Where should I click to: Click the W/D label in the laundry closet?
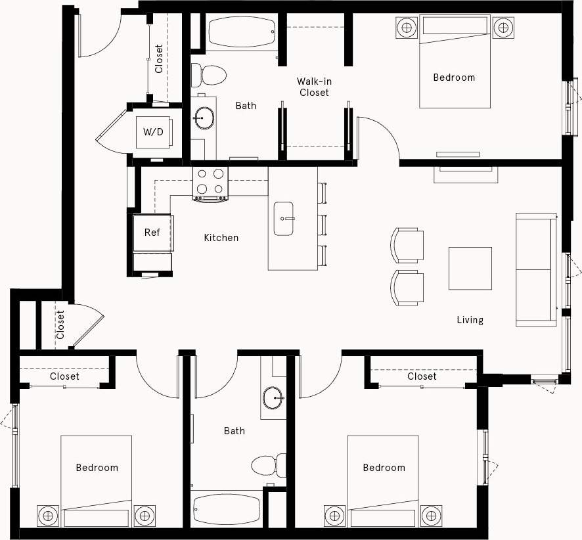coord(153,132)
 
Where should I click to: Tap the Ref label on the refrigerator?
coord(152,233)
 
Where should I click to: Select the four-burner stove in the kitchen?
coord(210,183)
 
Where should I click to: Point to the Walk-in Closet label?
coord(313,87)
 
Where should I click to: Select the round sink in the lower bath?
coord(273,397)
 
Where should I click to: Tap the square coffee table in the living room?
coord(470,268)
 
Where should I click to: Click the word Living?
coord(470,320)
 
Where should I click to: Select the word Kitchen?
coord(221,238)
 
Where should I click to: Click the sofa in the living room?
coord(536,269)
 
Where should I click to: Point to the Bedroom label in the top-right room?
coord(454,78)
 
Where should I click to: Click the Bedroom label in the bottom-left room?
coord(97,468)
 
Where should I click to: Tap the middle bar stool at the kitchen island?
coord(323,224)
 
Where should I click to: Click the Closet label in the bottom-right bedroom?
coord(421,376)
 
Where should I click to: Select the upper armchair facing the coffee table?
coord(407,245)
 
